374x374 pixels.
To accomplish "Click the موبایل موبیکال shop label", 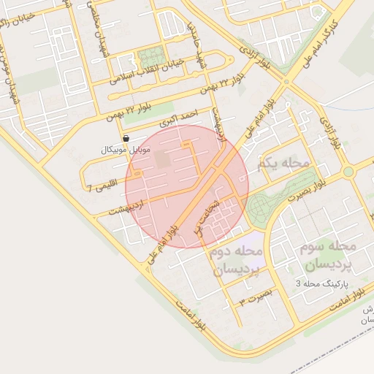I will [x=126, y=149].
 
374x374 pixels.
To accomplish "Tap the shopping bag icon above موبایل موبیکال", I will [x=126, y=137].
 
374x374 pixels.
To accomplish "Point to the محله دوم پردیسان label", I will [x=236, y=260].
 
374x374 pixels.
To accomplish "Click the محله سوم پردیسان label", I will [x=327, y=255].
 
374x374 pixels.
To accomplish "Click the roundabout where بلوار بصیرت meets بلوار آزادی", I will [x=348, y=172].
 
